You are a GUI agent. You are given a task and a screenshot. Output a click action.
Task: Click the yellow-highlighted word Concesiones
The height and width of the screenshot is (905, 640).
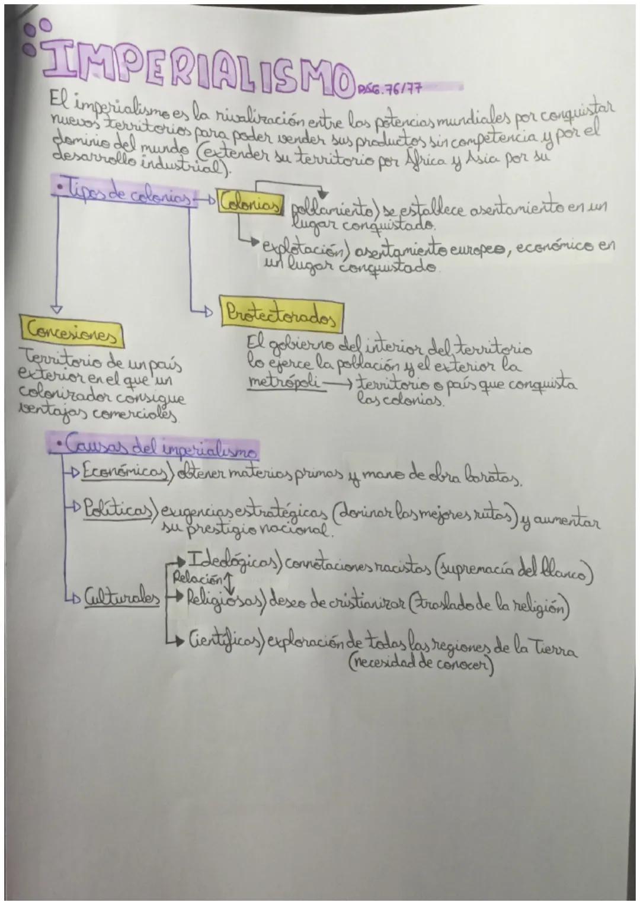click(x=72, y=336)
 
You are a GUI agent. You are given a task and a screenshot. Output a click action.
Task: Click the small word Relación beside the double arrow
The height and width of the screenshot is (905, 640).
click(x=187, y=576)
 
